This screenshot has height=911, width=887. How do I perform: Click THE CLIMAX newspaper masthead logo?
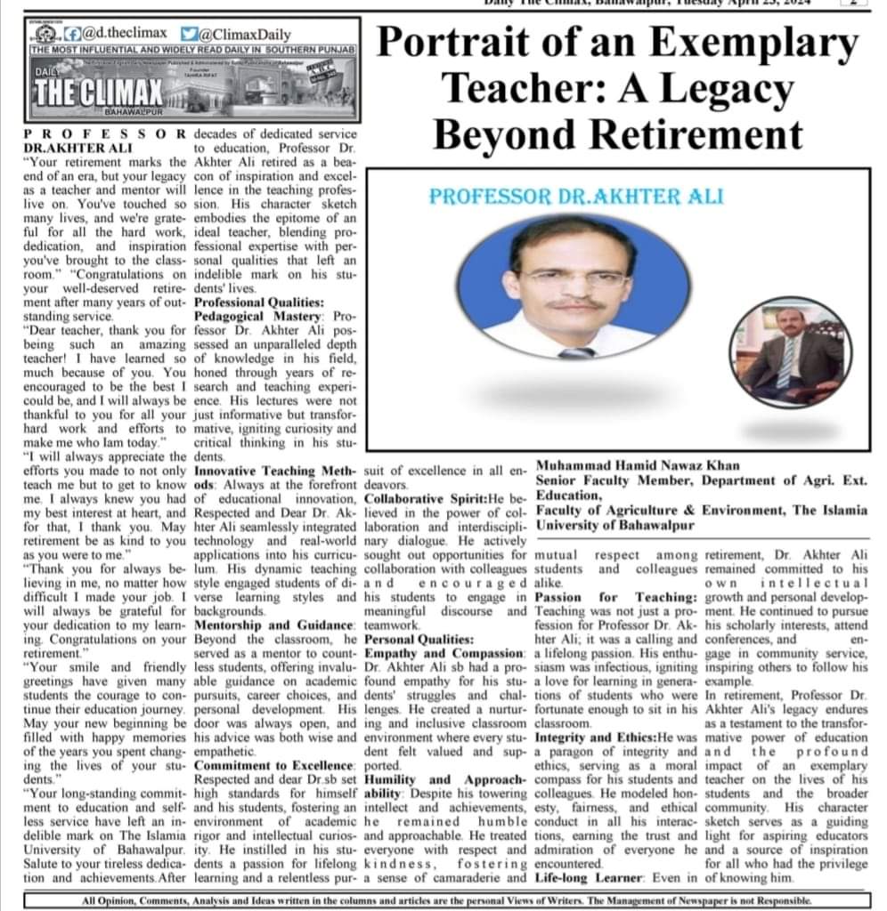click(x=98, y=91)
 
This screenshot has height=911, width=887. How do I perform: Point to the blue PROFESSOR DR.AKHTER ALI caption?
click(x=575, y=196)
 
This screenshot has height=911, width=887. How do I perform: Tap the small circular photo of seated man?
click(x=785, y=350)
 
